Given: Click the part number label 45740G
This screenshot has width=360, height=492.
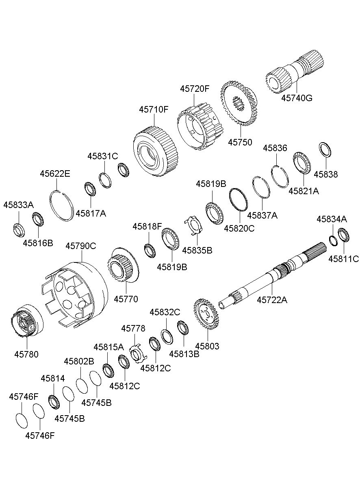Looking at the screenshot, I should pyautogui.click(x=297, y=98).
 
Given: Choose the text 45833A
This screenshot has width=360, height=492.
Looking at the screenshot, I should pyautogui.click(x=18, y=205).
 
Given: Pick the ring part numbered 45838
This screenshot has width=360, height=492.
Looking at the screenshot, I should pyautogui.click(x=325, y=150).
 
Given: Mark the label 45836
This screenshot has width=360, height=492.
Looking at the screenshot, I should pyautogui.click(x=275, y=148).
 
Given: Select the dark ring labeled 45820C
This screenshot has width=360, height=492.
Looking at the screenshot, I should pyautogui.click(x=239, y=199).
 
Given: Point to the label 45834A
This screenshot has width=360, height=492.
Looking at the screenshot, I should pyautogui.click(x=332, y=219).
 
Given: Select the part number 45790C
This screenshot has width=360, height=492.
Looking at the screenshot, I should pyautogui.click(x=81, y=246).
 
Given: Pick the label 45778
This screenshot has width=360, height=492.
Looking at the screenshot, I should pyautogui.click(x=133, y=328).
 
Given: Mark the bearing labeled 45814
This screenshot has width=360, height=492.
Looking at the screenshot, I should pyautogui.click(x=53, y=402).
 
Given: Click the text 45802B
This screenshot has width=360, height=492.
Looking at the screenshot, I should pyautogui.click(x=79, y=361).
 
